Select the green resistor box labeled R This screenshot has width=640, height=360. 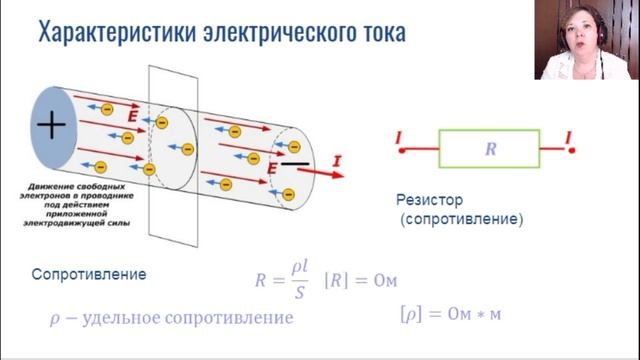click(490, 149)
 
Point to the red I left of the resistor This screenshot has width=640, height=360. click(400, 136)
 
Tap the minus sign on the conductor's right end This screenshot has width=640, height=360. click(294, 161)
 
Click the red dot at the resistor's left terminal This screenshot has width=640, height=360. click(402, 150)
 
